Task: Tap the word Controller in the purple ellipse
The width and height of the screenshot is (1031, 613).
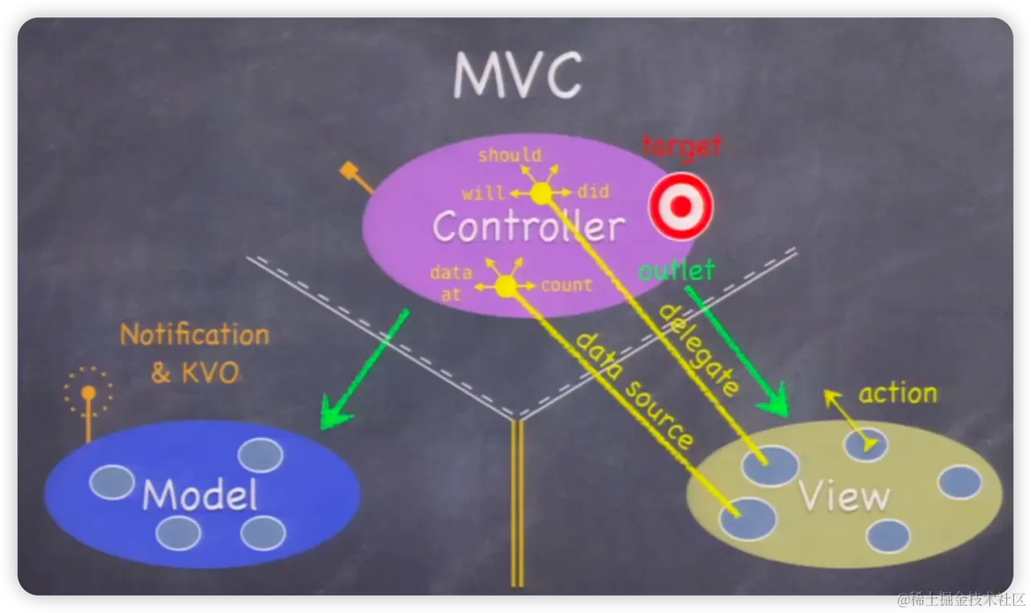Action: (x=529, y=226)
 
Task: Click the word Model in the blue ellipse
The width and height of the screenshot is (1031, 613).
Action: (x=200, y=495)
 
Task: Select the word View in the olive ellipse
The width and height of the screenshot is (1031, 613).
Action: (x=844, y=495)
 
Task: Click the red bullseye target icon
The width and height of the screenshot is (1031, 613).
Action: (x=681, y=206)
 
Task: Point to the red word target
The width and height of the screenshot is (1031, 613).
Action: (x=682, y=147)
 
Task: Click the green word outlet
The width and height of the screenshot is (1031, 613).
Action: (x=677, y=270)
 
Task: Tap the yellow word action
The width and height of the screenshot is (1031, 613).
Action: (x=898, y=394)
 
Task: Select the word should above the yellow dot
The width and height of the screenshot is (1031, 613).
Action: (x=510, y=155)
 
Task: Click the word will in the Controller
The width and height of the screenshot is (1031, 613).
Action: (x=482, y=193)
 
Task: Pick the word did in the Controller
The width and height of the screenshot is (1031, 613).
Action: (x=594, y=192)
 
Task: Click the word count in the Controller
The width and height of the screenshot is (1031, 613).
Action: (x=566, y=285)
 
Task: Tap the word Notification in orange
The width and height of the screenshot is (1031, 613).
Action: (x=195, y=334)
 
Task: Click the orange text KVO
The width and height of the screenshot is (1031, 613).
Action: (x=210, y=372)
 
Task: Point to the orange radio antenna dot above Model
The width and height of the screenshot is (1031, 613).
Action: (x=89, y=392)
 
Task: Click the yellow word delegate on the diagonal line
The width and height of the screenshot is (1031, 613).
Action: (x=699, y=350)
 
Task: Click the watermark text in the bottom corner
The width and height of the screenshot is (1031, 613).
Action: (x=961, y=599)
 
